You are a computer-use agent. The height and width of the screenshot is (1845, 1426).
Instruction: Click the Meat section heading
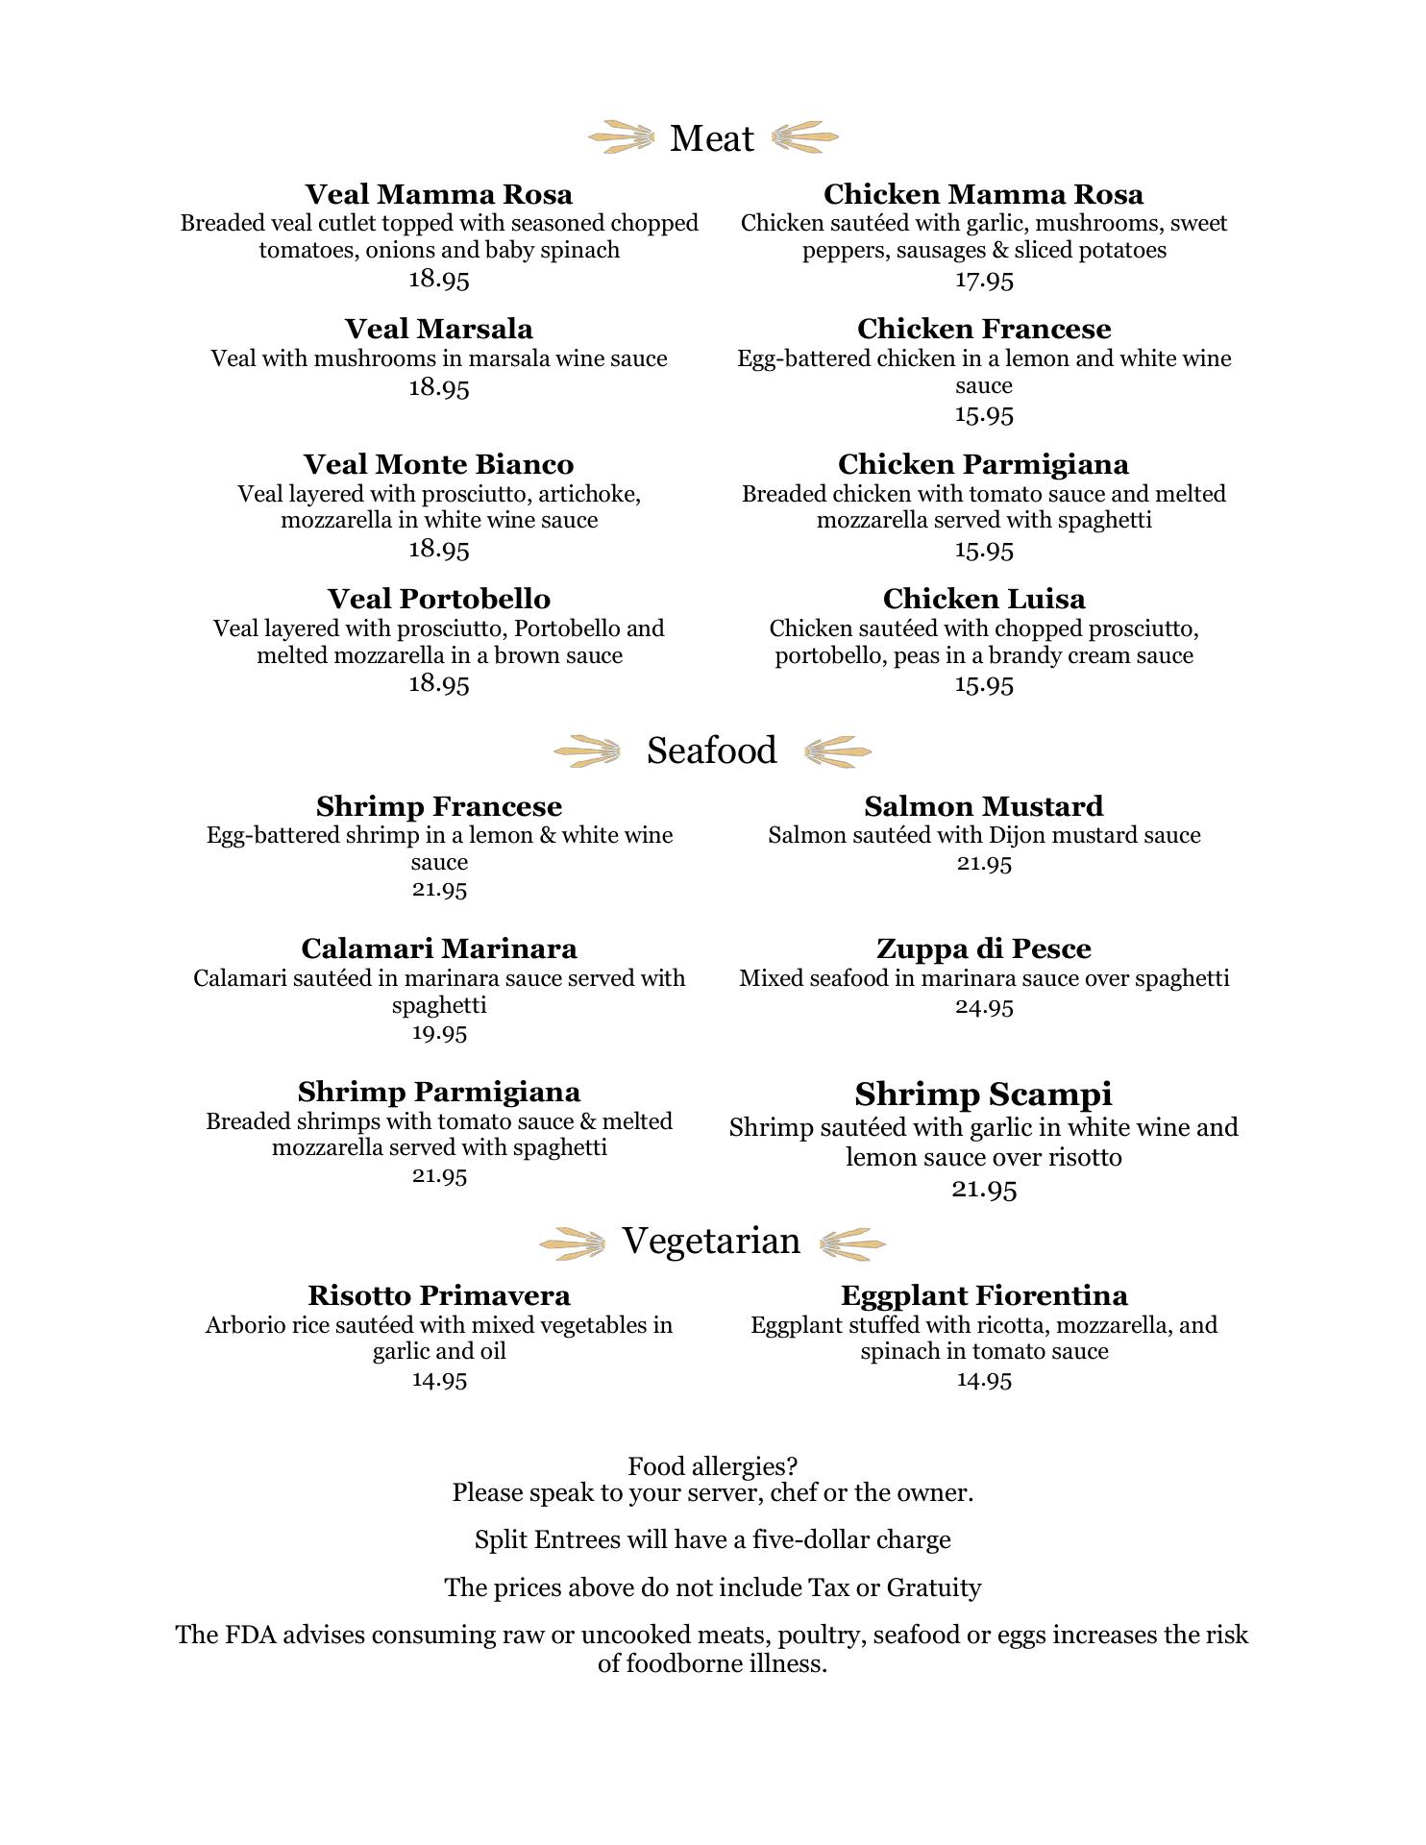tap(711, 138)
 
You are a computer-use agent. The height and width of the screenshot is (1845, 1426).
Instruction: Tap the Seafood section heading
tap(711, 750)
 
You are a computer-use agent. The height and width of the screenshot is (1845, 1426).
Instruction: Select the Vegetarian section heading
tap(711, 1241)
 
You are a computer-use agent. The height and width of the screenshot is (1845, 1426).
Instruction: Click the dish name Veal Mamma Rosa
tap(438, 194)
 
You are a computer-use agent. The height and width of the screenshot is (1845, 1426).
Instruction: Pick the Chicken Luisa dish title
tap(984, 599)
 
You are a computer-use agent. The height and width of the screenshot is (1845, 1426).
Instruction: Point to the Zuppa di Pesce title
tap(984, 948)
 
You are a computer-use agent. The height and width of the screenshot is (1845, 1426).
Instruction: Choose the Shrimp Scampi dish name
tap(984, 1094)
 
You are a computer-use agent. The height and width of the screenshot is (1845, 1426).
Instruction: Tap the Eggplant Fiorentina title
tap(984, 1295)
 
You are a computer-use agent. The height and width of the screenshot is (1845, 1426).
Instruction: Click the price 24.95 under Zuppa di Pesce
tap(984, 1006)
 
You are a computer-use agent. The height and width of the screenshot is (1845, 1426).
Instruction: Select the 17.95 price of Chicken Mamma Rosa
tap(984, 280)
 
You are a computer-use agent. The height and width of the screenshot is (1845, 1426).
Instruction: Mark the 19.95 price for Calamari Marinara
tap(439, 1033)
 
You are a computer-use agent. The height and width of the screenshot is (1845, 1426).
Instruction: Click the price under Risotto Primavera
tap(439, 1380)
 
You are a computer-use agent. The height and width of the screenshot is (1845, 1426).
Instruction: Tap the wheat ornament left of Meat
tap(621, 137)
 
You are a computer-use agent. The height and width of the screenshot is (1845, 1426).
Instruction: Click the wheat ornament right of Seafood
tap(837, 750)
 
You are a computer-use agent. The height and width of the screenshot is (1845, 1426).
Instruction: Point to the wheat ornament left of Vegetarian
tap(573, 1243)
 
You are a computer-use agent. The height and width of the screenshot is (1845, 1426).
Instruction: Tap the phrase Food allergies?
tap(712, 1466)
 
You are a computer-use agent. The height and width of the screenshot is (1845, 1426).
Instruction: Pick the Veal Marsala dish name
tap(438, 329)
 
